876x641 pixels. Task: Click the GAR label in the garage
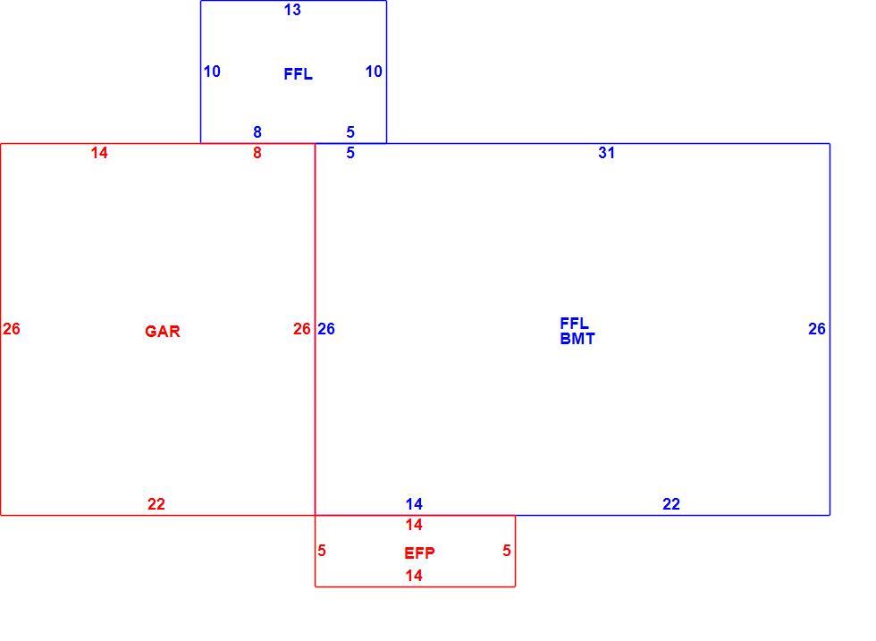pos(163,332)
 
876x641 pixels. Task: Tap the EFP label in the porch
pos(419,553)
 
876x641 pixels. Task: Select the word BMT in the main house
pos(577,339)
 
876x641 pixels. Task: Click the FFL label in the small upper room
pos(298,74)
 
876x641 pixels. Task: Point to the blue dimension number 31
pos(607,153)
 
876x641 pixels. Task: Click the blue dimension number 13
pos(292,10)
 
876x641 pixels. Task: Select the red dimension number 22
pos(156,504)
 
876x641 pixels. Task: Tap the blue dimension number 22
pos(671,504)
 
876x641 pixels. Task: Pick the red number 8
pos(257,153)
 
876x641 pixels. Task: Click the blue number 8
pos(257,132)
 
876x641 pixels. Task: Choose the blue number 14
pos(414,504)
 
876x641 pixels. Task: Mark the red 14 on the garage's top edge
pos(99,153)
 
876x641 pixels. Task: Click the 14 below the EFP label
pos(414,576)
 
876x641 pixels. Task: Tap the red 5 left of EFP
pos(322,551)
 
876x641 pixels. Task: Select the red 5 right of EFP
pos(507,551)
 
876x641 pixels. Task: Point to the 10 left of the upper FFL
pos(212,72)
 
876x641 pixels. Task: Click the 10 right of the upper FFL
pos(374,72)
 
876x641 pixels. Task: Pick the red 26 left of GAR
pos(12,329)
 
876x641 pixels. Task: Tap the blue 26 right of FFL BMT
pos(817,329)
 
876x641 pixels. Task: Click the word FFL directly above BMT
pos(574,324)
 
